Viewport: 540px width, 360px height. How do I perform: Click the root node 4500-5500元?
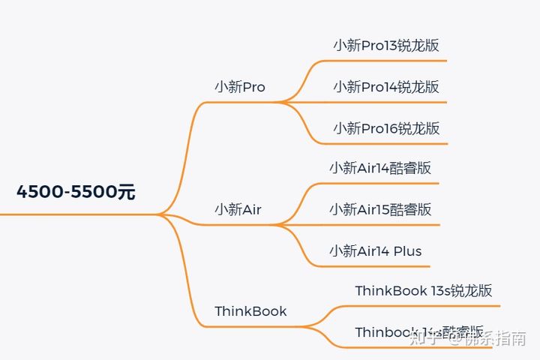point(76,192)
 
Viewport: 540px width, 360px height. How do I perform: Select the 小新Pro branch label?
point(239,87)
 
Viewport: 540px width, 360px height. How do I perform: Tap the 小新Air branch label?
point(238,210)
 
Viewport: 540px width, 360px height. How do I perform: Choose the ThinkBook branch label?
point(250,311)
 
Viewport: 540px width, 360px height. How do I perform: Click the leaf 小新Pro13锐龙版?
point(386,45)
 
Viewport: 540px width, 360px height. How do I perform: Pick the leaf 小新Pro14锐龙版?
point(386,87)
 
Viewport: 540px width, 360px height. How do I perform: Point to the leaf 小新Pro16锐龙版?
point(386,128)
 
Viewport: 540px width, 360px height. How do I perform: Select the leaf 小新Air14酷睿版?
point(380,168)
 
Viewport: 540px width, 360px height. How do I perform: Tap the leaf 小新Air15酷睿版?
point(380,209)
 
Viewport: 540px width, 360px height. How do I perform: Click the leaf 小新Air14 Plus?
point(375,250)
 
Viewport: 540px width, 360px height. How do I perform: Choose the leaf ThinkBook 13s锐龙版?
point(423,291)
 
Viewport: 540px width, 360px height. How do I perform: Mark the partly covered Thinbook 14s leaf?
point(405,332)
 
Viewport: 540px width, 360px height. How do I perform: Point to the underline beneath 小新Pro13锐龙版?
point(390,61)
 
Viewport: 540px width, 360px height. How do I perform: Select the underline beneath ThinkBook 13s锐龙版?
point(427,306)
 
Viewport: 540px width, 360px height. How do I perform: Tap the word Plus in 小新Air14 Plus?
point(408,250)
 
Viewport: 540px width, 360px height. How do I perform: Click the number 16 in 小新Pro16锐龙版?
point(391,128)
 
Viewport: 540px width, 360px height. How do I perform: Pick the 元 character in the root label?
point(126,192)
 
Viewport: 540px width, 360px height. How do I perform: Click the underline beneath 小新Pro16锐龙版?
point(390,143)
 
